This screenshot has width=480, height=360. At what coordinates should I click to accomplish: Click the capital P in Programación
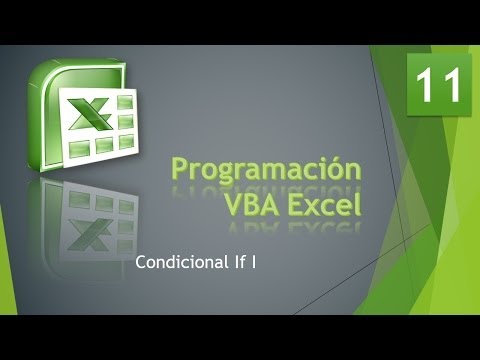pos(180,169)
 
